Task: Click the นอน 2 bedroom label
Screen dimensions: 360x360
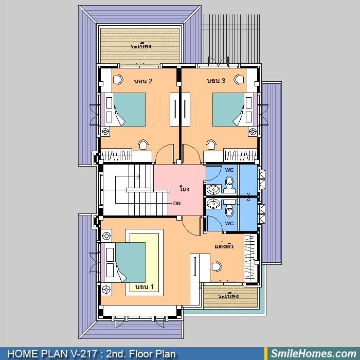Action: (x=143, y=81)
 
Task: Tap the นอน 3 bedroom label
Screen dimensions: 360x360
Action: (x=216, y=81)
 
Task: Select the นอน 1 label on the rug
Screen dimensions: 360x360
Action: (x=144, y=287)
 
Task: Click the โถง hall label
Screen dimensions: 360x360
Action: (x=184, y=189)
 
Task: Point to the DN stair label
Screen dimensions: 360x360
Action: (x=177, y=204)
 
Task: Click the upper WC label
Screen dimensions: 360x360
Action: (x=229, y=170)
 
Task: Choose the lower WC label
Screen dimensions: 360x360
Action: (x=229, y=223)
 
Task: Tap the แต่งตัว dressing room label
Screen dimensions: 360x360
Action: (x=224, y=246)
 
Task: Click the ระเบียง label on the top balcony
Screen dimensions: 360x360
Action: (x=141, y=46)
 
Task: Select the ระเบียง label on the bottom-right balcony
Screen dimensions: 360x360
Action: (x=228, y=296)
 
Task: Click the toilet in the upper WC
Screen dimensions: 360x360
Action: (x=229, y=184)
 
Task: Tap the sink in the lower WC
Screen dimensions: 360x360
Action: (x=213, y=204)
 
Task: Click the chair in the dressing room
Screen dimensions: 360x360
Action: (x=217, y=266)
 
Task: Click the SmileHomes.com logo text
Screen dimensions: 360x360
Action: (x=314, y=354)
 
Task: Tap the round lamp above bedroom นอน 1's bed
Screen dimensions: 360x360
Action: (x=106, y=236)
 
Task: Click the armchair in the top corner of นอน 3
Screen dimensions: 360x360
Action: (x=239, y=79)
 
